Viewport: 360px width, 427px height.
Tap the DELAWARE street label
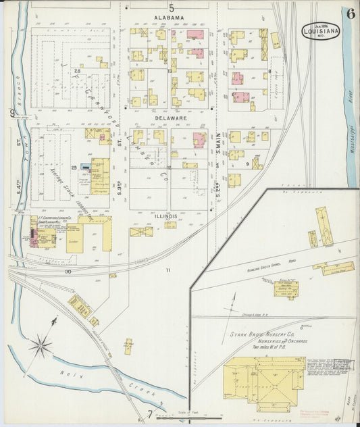pyautogui.click(x=170, y=118)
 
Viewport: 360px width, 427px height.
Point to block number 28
pyautogui.click(x=78, y=70)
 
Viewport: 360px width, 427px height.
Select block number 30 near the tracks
pyautogui.click(x=68, y=272)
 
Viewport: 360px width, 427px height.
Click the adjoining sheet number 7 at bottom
pyautogui.click(x=150, y=413)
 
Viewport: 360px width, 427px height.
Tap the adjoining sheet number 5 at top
pyautogui.click(x=172, y=8)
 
